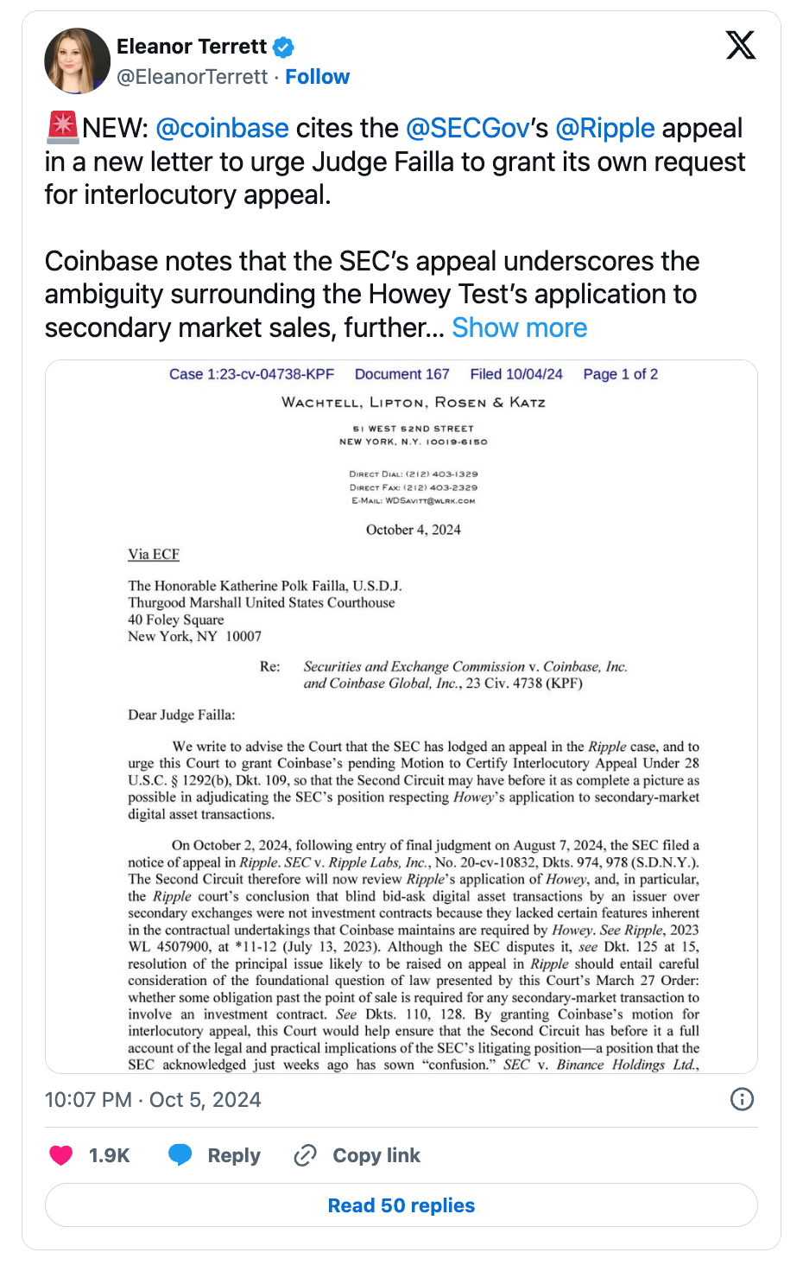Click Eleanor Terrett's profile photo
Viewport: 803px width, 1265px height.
click(x=77, y=60)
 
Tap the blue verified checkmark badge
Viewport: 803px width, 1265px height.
click(x=283, y=47)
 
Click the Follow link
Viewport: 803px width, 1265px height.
click(x=317, y=77)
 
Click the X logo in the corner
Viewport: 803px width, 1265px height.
click(x=740, y=45)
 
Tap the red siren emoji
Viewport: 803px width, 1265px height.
click(x=62, y=128)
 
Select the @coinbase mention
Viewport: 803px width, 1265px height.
click(x=222, y=128)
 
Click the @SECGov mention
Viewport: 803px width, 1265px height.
click(x=467, y=128)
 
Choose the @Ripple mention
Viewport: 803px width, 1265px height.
click(x=604, y=128)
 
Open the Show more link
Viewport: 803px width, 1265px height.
click(x=519, y=327)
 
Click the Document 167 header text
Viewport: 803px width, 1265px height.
click(x=401, y=374)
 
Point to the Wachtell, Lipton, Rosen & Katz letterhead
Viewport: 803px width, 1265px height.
click(x=413, y=402)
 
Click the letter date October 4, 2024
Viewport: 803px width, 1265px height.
click(x=413, y=530)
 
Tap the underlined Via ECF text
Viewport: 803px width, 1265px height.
click(x=154, y=554)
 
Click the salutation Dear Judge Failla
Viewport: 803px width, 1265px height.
click(x=181, y=715)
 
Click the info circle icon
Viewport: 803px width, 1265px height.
click(x=742, y=1099)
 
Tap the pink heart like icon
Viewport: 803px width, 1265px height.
click(x=61, y=1155)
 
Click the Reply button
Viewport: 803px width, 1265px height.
click(x=214, y=1155)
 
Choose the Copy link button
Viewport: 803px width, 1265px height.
click(x=357, y=1155)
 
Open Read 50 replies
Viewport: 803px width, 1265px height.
click(x=401, y=1205)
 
